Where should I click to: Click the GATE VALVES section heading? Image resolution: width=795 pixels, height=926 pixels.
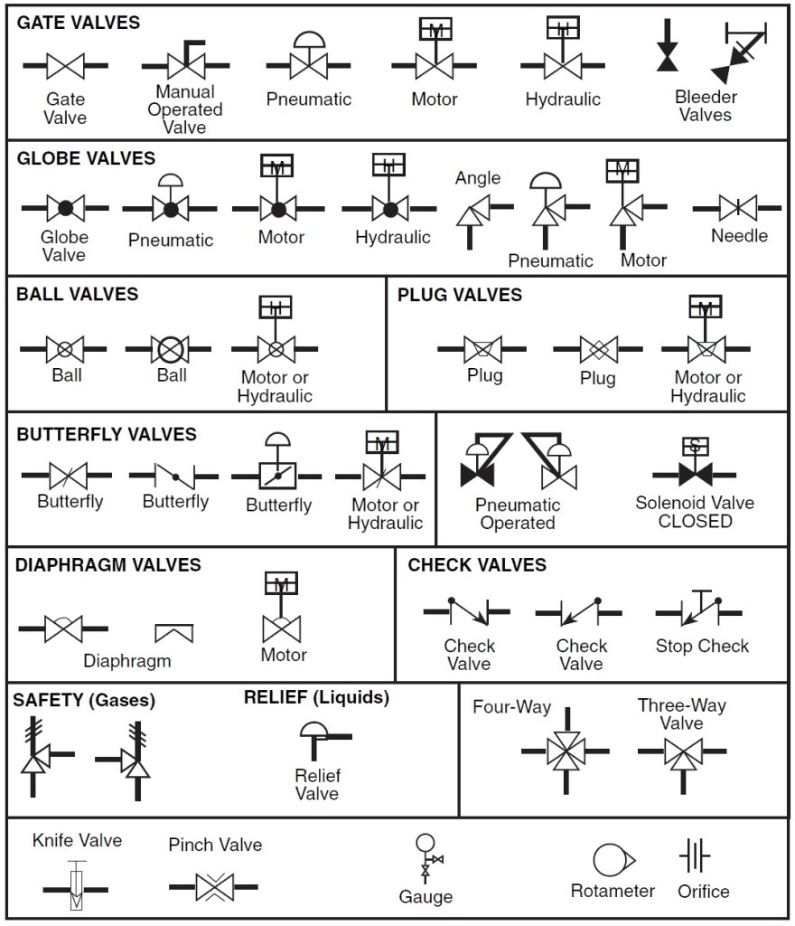79,23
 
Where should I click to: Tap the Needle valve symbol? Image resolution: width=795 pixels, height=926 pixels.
738,208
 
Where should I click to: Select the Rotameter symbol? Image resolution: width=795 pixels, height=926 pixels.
612,860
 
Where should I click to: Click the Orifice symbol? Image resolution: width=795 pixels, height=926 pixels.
695,855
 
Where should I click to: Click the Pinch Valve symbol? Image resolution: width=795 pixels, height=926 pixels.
214,886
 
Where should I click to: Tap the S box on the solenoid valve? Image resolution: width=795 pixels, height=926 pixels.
694,446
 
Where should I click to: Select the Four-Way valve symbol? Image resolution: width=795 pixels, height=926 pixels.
566,750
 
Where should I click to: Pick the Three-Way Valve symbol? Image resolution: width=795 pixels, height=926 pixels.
682,751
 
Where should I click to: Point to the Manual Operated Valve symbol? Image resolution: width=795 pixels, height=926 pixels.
184,63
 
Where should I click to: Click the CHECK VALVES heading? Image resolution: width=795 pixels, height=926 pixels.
477,565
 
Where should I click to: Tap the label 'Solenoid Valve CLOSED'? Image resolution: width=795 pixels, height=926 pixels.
695,512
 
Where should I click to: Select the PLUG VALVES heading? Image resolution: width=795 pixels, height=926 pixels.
460,295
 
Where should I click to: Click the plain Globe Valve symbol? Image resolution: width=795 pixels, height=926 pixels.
65,208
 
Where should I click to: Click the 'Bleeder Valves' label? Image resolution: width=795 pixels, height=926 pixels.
706,106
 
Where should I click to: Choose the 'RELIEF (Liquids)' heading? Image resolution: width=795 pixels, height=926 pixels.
316,697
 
